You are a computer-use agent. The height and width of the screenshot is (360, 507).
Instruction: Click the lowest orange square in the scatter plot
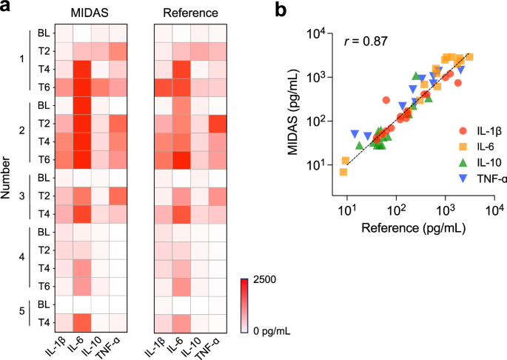[x=343, y=172]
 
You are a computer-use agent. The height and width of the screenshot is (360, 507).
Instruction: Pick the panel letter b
[x=281, y=10]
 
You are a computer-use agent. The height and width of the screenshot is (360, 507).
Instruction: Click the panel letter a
[x=7, y=10]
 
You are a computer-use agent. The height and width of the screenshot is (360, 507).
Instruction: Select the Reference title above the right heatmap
[x=190, y=14]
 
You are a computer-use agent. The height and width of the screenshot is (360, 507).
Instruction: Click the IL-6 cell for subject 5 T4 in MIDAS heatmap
[x=81, y=321]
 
